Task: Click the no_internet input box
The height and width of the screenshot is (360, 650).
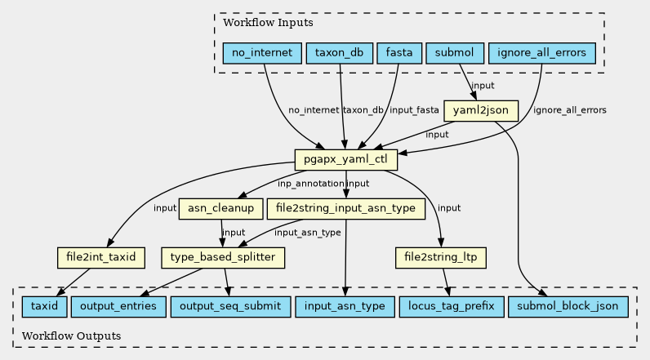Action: click(262, 53)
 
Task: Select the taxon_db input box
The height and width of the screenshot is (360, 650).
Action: click(340, 53)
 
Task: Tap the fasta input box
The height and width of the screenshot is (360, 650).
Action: click(399, 53)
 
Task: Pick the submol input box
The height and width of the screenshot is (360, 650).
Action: click(455, 53)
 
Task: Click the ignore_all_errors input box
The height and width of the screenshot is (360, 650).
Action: click(542, 53)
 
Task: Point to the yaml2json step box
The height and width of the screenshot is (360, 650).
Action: click(481, 110)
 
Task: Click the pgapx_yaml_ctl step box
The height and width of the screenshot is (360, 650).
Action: click(345, 159)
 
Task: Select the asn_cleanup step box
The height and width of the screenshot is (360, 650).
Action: click(221, 208)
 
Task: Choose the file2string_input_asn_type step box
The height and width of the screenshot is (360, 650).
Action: click(345, 208)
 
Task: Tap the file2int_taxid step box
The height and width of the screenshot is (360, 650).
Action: click(101, 258)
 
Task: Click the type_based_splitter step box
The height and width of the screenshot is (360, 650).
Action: click(223, 258)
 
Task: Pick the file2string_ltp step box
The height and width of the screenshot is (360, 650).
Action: click(441, 258)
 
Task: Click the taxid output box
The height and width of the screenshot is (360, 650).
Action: click(44, 307)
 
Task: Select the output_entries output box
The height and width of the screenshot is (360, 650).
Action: click(118, 307)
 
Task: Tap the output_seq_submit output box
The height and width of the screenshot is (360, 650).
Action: click(230, 307)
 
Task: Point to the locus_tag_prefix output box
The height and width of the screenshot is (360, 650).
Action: click(452, 307)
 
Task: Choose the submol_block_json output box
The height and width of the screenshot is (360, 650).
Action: click(568, 307)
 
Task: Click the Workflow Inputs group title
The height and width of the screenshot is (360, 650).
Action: click(268, 22)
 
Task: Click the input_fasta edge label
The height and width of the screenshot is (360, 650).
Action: click(414, 110)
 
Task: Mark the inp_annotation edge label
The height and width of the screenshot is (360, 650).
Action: click(311, 184)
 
